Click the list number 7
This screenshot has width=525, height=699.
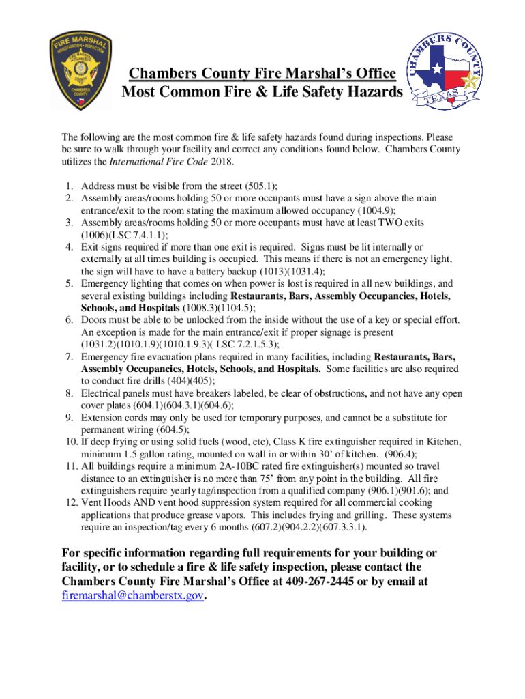click(x=70, y=357)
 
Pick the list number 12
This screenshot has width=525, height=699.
click(x=67, y=503)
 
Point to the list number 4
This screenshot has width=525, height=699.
click(x=70, y=247)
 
